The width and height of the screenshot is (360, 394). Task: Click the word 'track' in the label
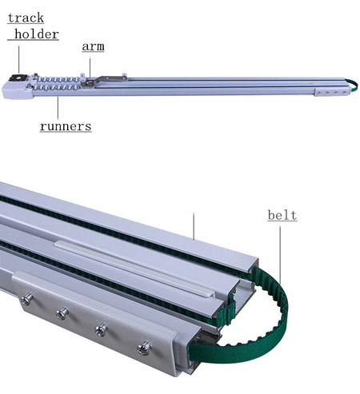coord(26,18)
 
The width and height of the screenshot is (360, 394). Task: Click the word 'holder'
coord(37,34)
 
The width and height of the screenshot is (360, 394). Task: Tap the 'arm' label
coord(93,46)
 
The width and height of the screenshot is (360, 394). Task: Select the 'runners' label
coord(66,126)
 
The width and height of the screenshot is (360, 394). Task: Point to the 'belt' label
coord(282,215)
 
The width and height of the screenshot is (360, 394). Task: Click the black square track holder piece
coord(18,78)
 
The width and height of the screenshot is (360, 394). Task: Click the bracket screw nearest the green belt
coord(144,348)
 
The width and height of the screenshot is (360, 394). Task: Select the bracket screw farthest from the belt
coord(26,299)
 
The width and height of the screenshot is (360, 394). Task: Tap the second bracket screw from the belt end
coord(102,330)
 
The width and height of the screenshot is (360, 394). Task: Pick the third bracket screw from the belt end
coord(62,313)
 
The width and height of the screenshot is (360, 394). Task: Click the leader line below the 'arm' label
coord(90,68)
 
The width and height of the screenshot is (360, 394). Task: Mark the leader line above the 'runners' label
coord(58,108)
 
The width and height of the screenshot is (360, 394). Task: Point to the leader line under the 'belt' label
coord(280,255)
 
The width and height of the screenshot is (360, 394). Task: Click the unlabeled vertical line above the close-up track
coord(194,226)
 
